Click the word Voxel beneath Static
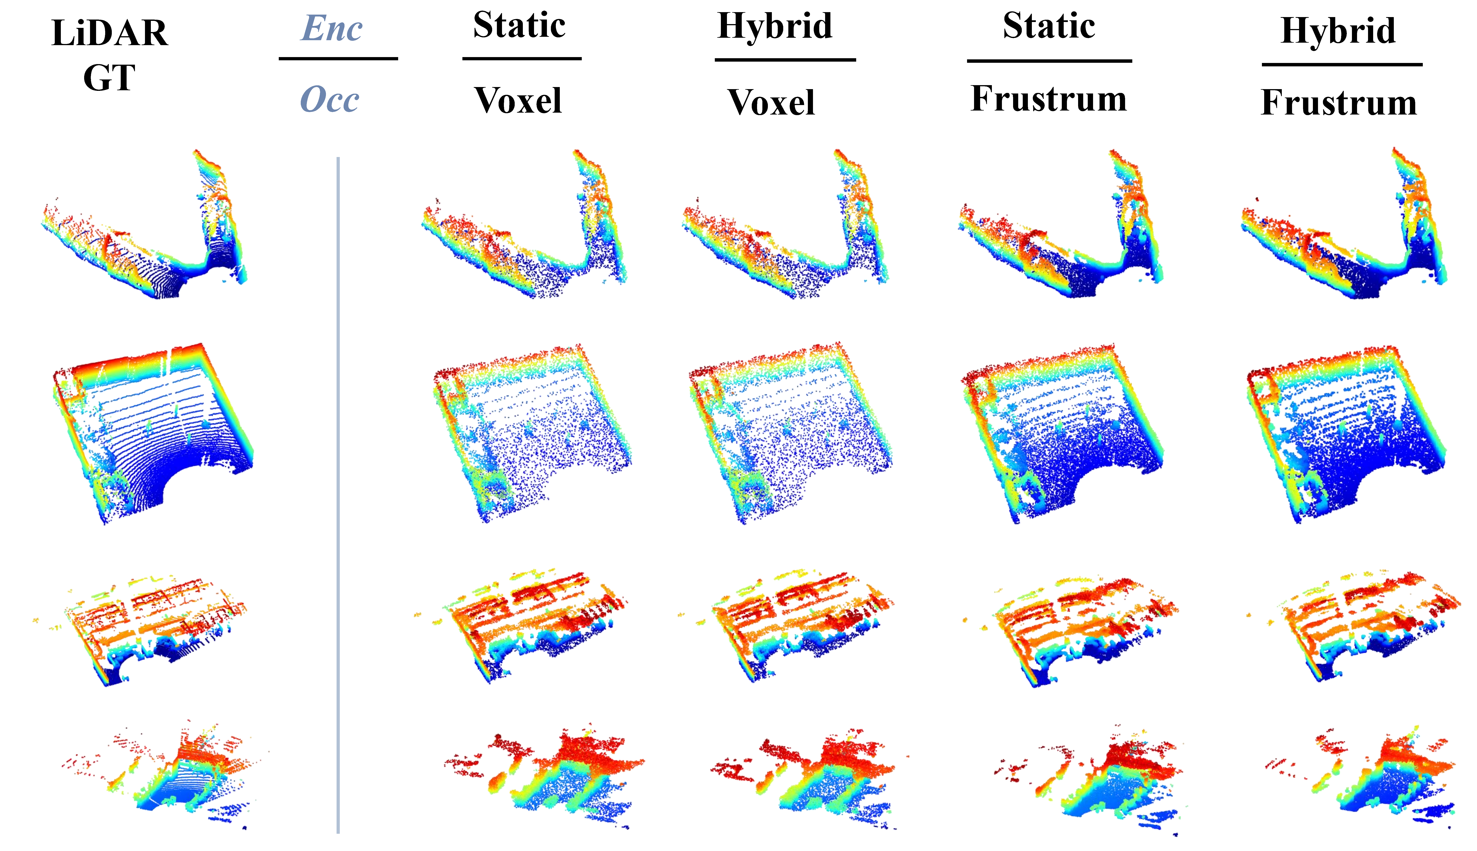(518, 100)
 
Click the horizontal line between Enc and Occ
(338, 58)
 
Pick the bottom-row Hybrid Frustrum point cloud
(1361, 777)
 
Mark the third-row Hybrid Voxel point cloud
(788, 625)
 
